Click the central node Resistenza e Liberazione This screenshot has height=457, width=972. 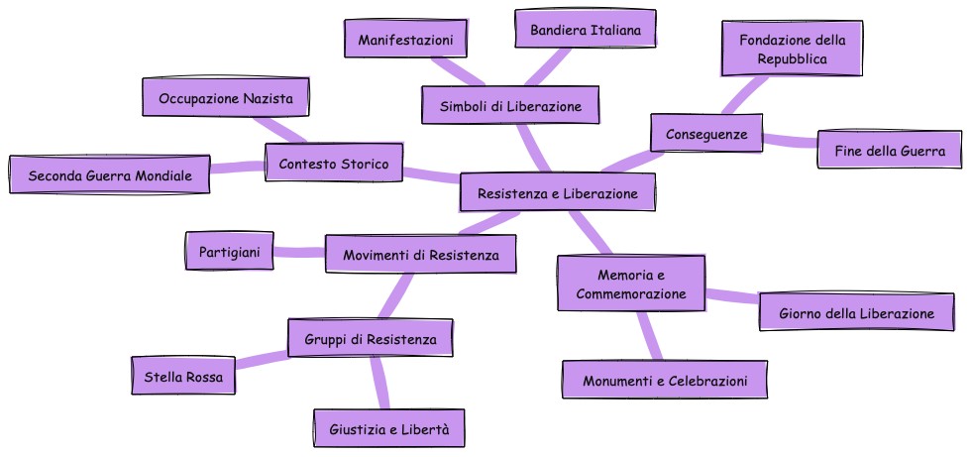pyautogui.click(x=557, y=193)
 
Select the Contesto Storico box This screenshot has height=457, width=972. pyautogui.click(x=334, y=163)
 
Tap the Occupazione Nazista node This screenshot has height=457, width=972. pyautogui.click(x=226, y=98)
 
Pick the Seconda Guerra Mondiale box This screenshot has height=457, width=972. pyautogui.click(x=110, y=175)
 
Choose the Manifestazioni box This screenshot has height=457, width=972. pyautogui.click(x=405, y=40)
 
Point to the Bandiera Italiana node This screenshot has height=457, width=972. pyautogui.click(x=586, y=31)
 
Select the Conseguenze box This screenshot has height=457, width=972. pyautogui.click(x=706, y=133)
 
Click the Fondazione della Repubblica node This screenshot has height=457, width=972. pyautogui.click(x=792, y=50)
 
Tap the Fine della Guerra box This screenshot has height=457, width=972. pyautogui.click(x=889, y=152)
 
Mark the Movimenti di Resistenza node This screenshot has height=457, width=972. pyautogui.click(x=421, y=255)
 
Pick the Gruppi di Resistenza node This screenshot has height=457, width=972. pyautogui.click(x=370, y=339)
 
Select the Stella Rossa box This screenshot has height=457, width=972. pyautogui.click(x=183, y=377)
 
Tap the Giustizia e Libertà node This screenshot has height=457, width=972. pyautogui.click(x=388, y=429)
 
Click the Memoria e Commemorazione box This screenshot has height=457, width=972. pyautogui.click(x=630, y=283)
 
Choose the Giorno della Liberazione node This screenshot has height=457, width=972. pyautogui.click(x=856, y=313)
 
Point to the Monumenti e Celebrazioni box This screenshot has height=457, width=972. pyautogui.click(x=664, y=381)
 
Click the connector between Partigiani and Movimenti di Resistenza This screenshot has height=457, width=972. pyautogui.click(x=299, y=253)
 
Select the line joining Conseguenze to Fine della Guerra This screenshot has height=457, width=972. pyautogui.click(x=790, y=141)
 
